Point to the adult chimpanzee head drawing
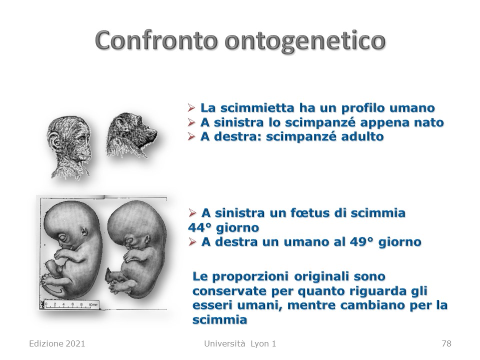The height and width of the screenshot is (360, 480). [x=131, y=134]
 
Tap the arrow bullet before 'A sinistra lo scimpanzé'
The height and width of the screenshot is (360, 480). [x=191, y=122]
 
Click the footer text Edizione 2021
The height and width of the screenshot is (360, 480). [x=57, y=343]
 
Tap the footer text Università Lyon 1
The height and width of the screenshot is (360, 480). [x=240, y=343]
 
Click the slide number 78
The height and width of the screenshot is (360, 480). [x=446, y=343]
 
